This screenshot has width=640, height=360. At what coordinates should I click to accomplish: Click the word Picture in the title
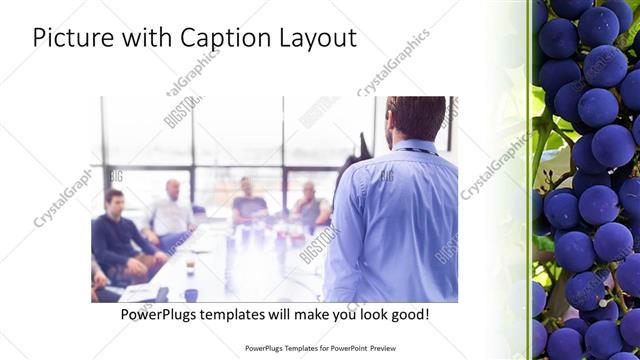(73, 38)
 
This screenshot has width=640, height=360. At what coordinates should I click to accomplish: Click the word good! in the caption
(407, 314)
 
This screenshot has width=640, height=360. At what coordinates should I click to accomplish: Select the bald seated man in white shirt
(172, 210)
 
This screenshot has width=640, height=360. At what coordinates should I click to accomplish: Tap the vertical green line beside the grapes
(528, 180)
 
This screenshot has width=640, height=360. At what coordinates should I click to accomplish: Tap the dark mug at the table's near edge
(190, 294)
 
